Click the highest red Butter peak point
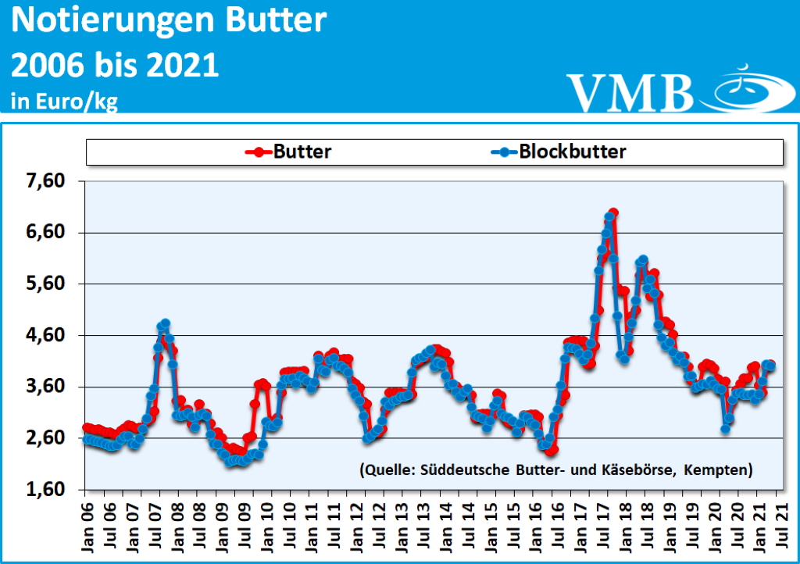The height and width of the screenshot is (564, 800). pyautogui.click(x=613, y=212)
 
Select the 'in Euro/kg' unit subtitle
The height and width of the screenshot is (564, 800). pyautogui.click(x=64, y=101)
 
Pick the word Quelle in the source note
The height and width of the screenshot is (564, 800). pyautogui.click(x=388, y=469)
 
